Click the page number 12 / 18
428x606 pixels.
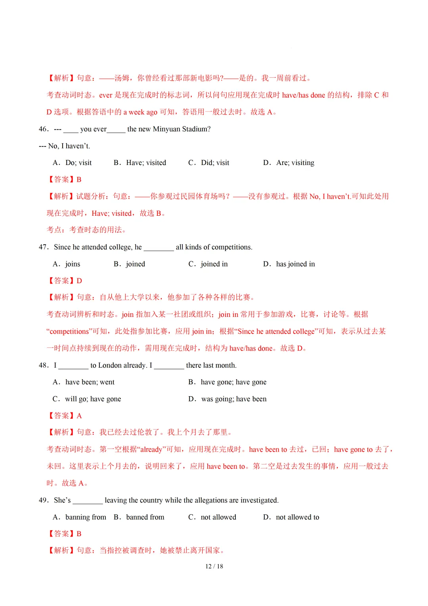pyautogui.click(x=214, y=566)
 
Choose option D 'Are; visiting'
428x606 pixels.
pyautogui.click(x=289, y=163)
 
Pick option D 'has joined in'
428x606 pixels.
pyautogui.click(x=289, y=264)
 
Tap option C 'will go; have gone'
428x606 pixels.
pyautogui.click(x=87, y=399)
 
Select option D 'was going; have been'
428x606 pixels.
pyautogui.click(x=227, y=399)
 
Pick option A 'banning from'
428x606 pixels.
pyautogui.click(x=80, y=517)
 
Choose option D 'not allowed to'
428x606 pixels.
pyautogui.click(x=291, y=517)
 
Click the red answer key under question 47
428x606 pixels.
pyautogui.click(x=65, y=281)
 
